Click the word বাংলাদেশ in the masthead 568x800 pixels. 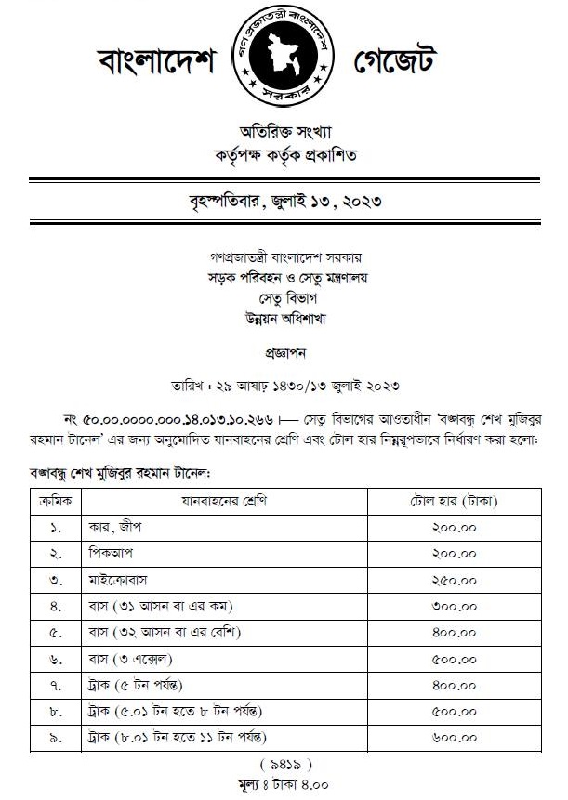156,61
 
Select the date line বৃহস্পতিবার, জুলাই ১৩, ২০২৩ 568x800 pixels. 284,201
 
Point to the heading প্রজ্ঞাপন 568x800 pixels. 284,354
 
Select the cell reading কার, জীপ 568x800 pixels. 113,528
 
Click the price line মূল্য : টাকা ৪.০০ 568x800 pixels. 284,784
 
